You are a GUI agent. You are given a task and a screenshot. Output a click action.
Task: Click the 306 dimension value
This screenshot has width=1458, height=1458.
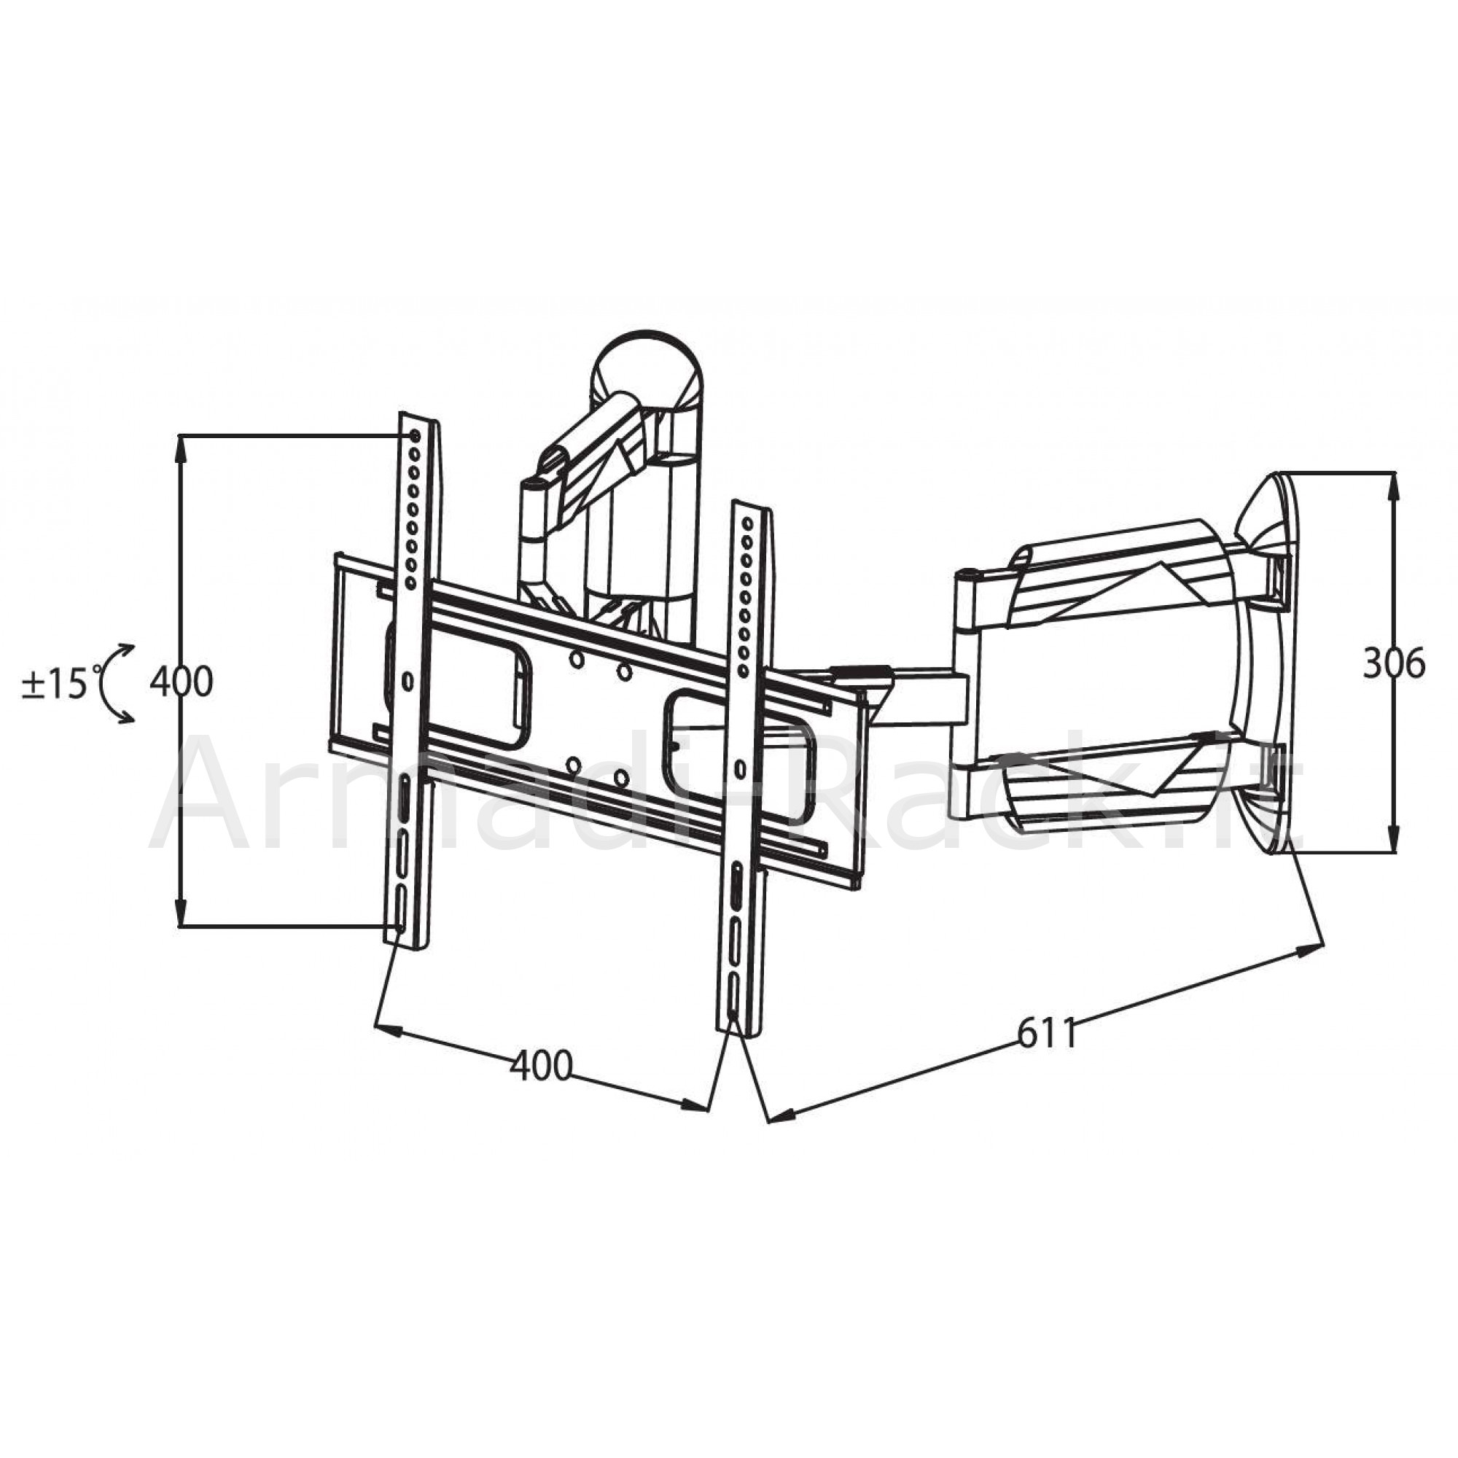(x=1394, y=664)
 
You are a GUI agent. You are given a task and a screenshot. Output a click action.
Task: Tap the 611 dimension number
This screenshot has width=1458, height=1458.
(x=1047, y=1033)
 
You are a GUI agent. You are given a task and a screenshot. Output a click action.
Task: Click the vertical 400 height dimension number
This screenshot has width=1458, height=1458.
(x=181, y=682)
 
